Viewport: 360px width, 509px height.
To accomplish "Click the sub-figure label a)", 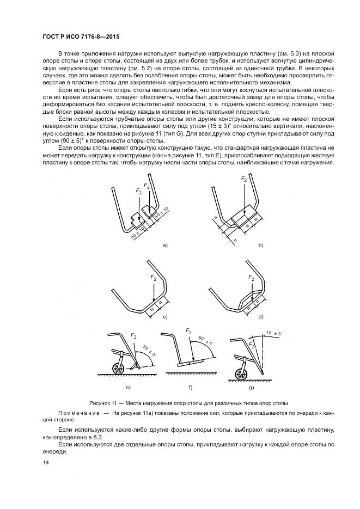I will [166, 246].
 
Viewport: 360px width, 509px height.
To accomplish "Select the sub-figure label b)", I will [261, 246].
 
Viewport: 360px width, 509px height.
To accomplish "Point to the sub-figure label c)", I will [166, 316].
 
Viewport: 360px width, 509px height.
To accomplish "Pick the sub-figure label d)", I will [261, 316].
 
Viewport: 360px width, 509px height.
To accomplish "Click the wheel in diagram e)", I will [117, 369].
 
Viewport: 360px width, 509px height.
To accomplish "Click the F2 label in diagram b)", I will [243, 179].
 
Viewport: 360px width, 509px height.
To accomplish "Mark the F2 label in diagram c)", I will [154, 278].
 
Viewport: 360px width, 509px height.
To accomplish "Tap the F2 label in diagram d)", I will [252, 278].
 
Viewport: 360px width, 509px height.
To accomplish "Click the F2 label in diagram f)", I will [188, 331].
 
